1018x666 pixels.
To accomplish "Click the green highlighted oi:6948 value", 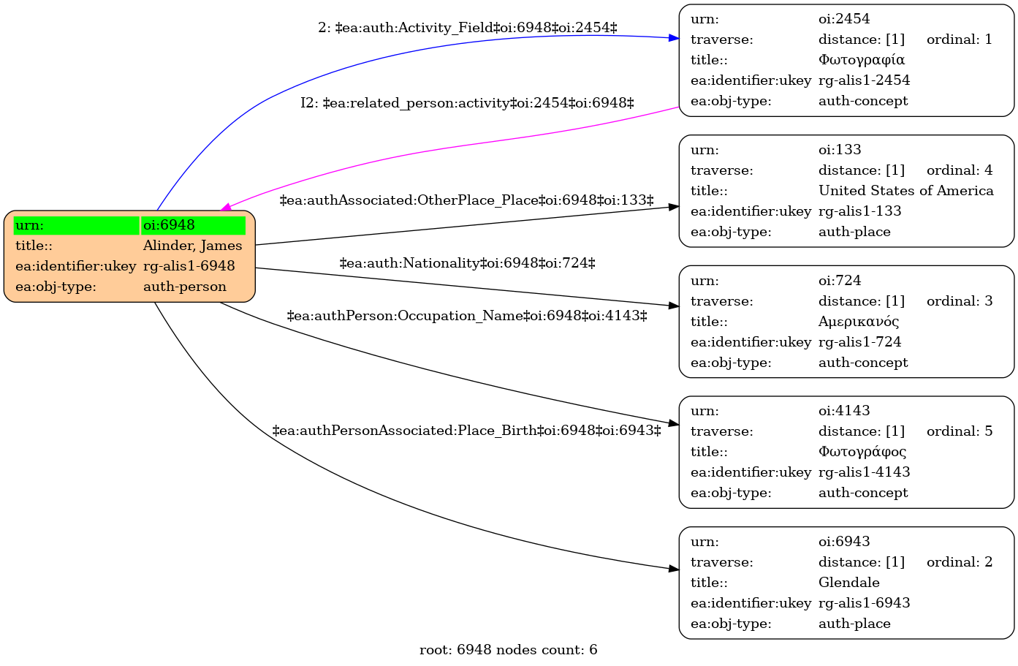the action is coord(193,225).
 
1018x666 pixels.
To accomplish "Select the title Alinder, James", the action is coord(193,246).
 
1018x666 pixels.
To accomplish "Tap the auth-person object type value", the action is coord(184,287).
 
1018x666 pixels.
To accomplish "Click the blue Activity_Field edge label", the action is coord(467,28).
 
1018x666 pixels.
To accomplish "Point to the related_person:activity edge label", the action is coord(467,103).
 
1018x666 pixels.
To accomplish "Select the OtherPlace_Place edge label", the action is coord(466,200).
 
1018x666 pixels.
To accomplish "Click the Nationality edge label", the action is coord(467,262).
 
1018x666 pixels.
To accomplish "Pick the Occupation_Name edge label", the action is coord(467,316).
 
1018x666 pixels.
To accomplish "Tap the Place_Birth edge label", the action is coord(466,430).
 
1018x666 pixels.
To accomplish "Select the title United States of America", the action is coord(905,191).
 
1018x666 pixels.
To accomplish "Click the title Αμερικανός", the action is coord(859,322).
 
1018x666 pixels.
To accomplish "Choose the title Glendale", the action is coord(849,583).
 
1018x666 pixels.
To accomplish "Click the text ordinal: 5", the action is coord(960,431).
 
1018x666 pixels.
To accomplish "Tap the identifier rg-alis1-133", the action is coord(860,211).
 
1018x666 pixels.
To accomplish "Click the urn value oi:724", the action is coord(840,281).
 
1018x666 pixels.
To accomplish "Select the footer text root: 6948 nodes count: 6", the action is coord(508,650).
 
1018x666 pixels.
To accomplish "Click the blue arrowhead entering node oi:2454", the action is coord(674,38).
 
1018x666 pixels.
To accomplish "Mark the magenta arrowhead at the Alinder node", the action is coord(225,208).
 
